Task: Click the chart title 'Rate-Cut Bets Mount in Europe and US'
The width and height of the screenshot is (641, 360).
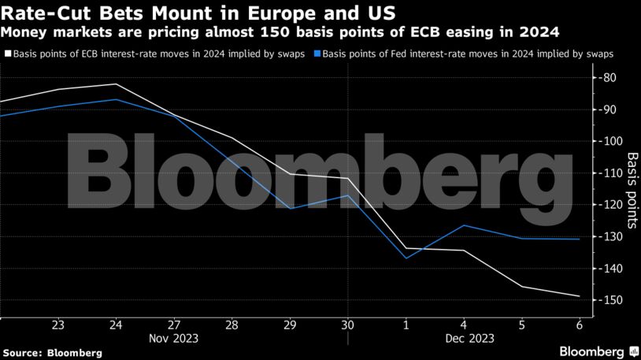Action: click(x=198, y=13)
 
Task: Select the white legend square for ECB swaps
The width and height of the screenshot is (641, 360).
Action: click(x=8, y=54)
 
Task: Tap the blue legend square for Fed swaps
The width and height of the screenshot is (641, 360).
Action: click(x=317, y=54)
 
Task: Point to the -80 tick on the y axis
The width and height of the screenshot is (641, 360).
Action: click(x=609, y=78)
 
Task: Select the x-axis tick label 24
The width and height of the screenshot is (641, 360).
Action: click(x=116, y=324)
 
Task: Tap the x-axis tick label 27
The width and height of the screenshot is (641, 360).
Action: click(x=174, y=324)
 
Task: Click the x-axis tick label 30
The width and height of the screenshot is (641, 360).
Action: click(x=347, y=324)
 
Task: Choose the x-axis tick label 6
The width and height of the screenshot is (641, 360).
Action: click(x=579, y=324)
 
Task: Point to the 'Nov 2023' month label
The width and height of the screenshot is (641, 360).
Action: click(x=174, y=339)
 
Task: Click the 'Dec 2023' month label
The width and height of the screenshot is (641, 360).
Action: click(x=463, y=339)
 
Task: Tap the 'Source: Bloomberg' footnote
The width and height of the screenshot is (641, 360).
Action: click(x=52, y=351)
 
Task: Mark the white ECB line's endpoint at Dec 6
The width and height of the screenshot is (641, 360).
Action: click(x=580, y=296)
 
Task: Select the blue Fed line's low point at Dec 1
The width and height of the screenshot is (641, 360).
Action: click(x=406, y=258)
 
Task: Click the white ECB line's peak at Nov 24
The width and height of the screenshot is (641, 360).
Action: click(x=117, y=84)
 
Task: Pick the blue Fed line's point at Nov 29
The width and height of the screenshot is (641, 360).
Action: click(x=290, y=209)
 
